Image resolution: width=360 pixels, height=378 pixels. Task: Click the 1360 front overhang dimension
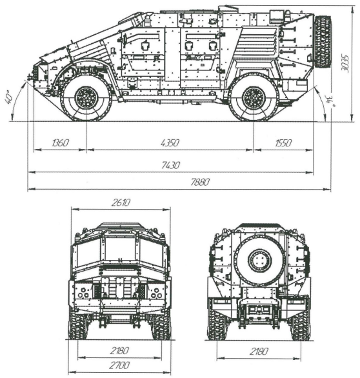pyautogui.click(x=60, y=143)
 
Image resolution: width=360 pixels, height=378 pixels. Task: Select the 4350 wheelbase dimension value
pyautogui.click(x=170, y=143)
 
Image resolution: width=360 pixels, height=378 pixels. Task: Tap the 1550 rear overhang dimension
pyautogui.click(x=283, y=143)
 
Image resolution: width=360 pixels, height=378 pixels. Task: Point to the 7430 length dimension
pyautogui.click(x=171, y=165)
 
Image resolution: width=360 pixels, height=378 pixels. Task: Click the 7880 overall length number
pyautogui.click(x=200, y=182)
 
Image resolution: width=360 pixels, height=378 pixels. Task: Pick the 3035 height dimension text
pyautogui.click(x=345, y=63)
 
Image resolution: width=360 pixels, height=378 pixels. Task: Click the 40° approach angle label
pyautogui.click(x=9, y=97)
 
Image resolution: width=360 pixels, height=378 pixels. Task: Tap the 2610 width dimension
pyautogui.click(x=121, y=203)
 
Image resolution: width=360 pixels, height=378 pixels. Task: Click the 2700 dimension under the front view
pyautogui.click(x=119, y=365)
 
